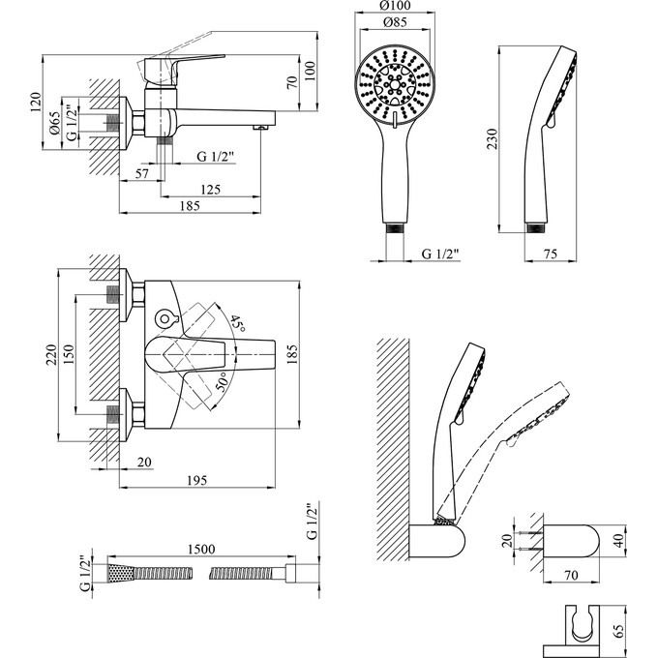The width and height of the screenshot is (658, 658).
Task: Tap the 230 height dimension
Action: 493,138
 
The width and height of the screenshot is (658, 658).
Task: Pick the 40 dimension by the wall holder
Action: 617,540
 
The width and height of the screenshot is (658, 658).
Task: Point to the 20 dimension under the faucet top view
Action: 142,463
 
